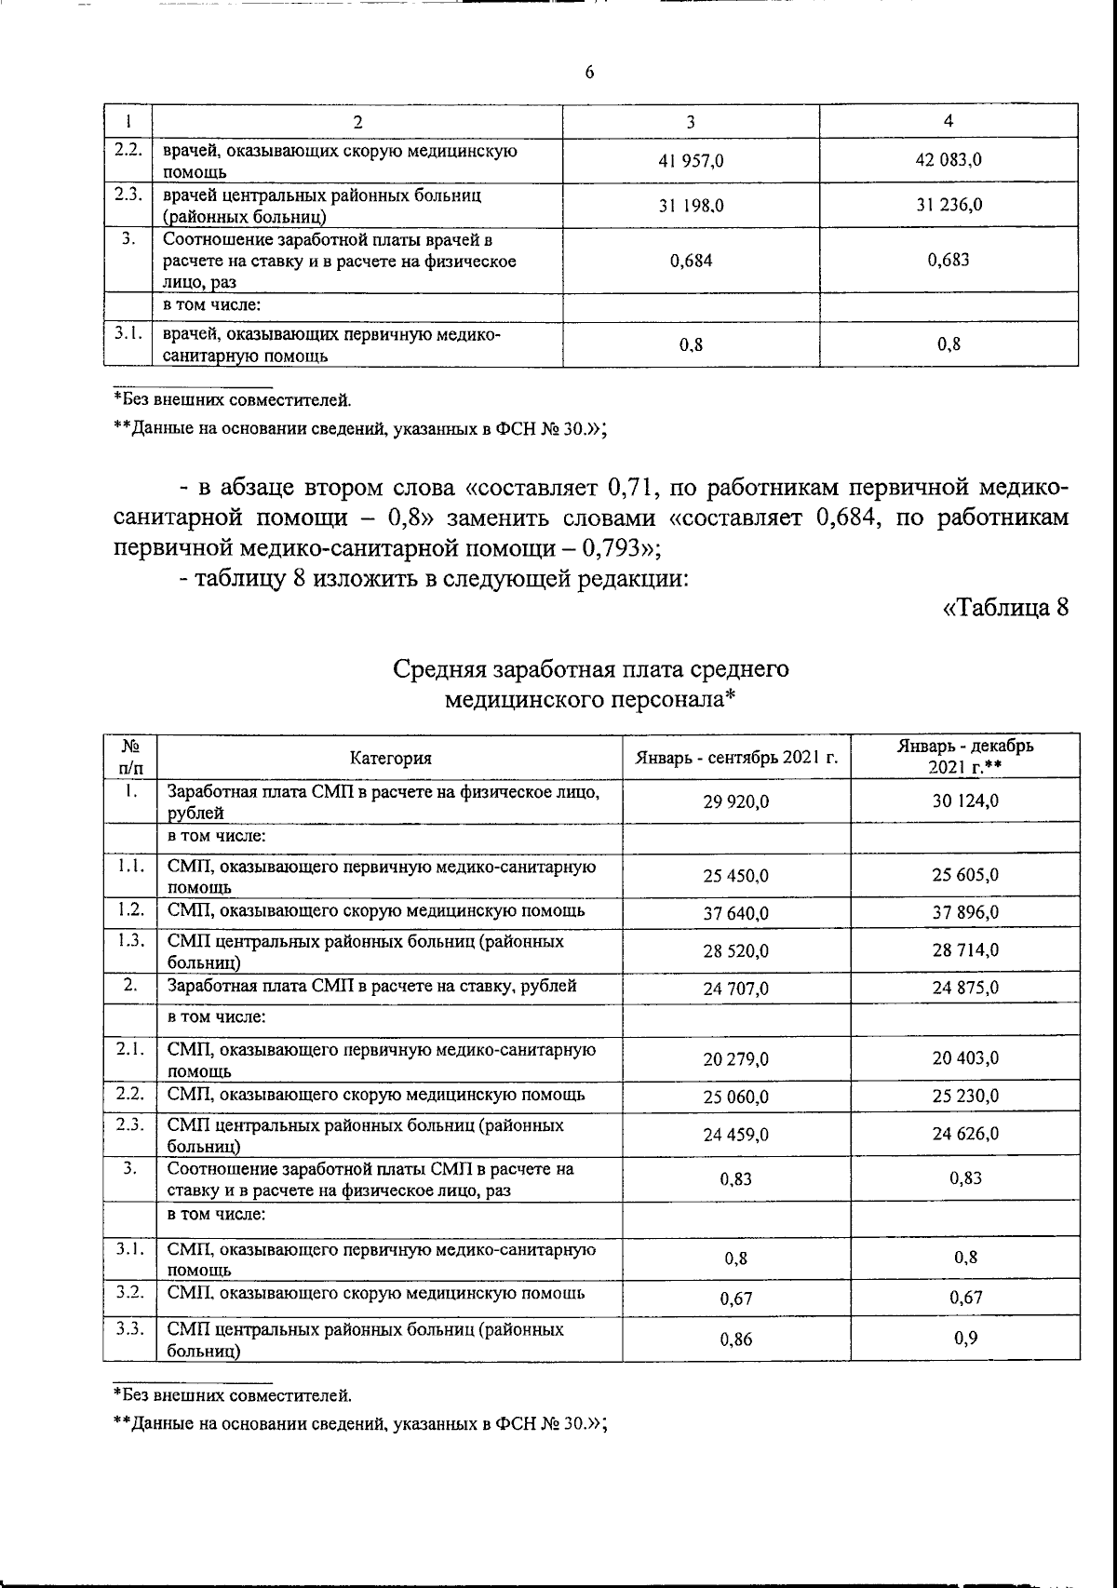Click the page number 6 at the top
click(x=589, y=74)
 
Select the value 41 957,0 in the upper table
click(x=691, y=161)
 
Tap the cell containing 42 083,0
click(x=949, y=160)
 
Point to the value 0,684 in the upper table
click(x=691, y=262)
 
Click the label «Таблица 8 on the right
click(x=1004, y=609)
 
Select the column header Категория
click(x=391, y=758)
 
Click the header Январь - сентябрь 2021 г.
click(x=736, y=758)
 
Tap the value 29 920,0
click(x=736, y=801)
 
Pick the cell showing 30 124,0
click(x=965, y=801)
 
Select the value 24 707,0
click(x=736, y=989)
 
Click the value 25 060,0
click(x=736, y=1097)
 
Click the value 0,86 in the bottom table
click(x=736, y=1339)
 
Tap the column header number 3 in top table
click(x=691, y=121)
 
